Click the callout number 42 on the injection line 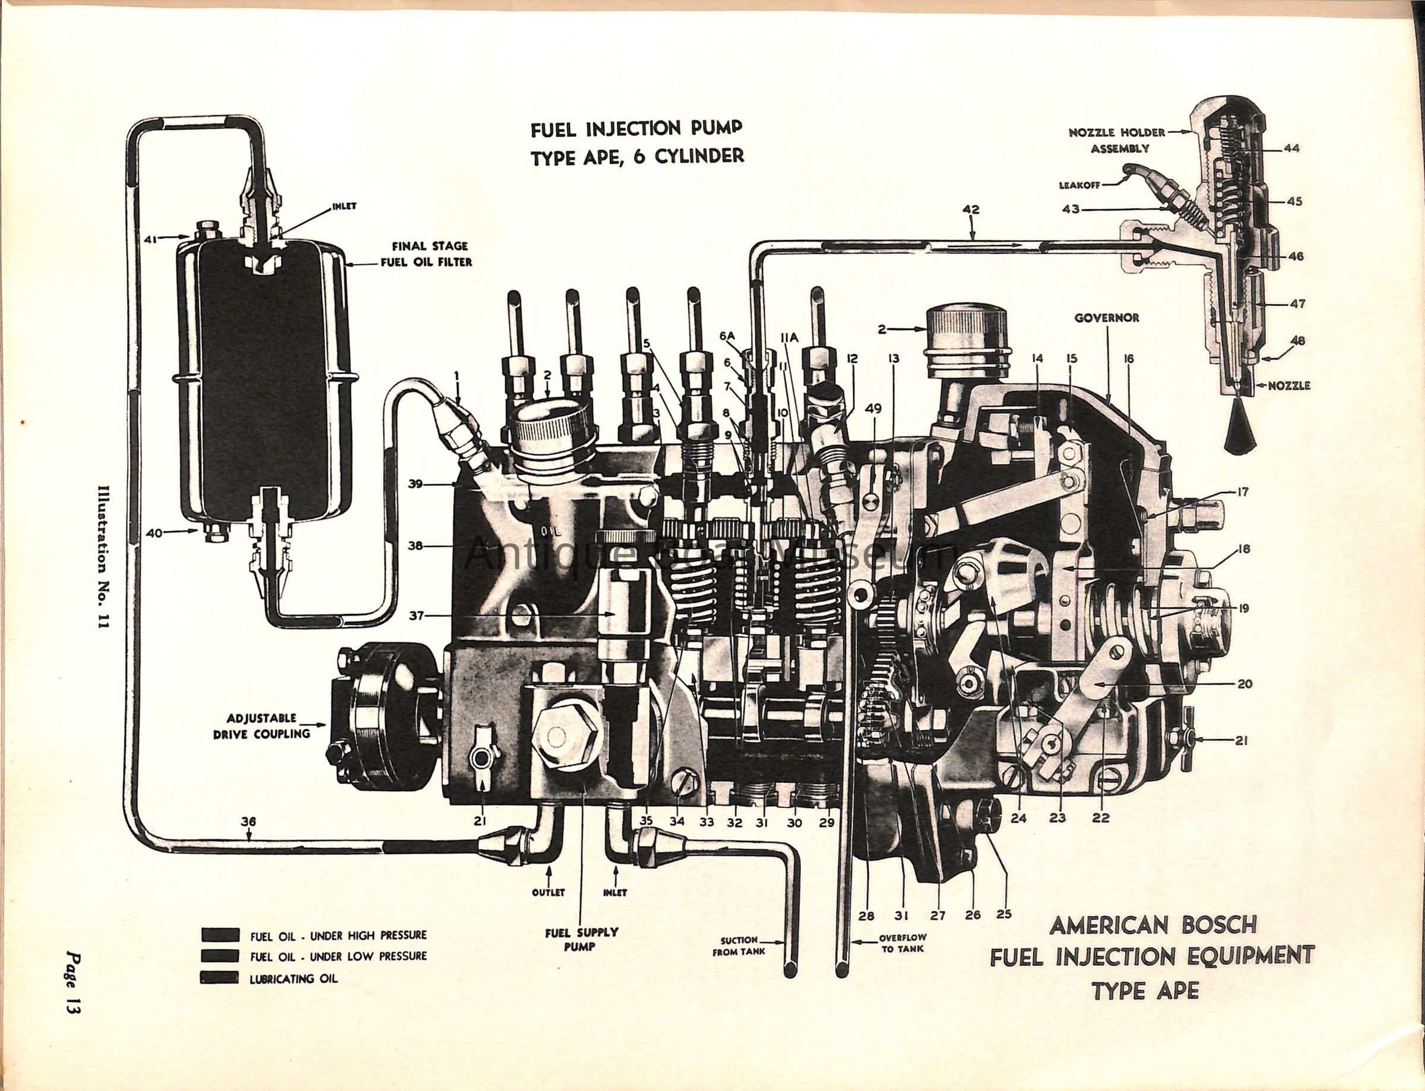click(971, 210)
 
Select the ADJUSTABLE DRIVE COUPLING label click(261, 726)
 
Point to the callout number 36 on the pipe click(248, 822)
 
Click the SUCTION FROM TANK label click(739, 946)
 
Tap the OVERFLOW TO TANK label click(904, 943)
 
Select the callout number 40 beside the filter click(153, 533)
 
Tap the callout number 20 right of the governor click(1245, 683)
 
